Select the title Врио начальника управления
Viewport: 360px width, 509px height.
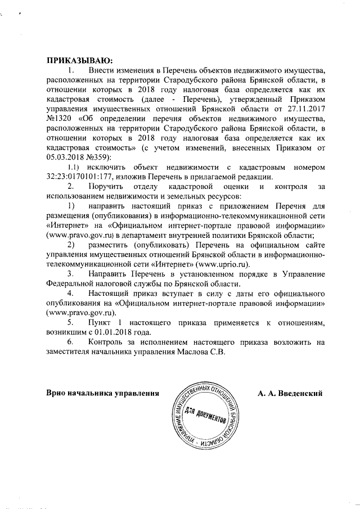coord(101,392)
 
